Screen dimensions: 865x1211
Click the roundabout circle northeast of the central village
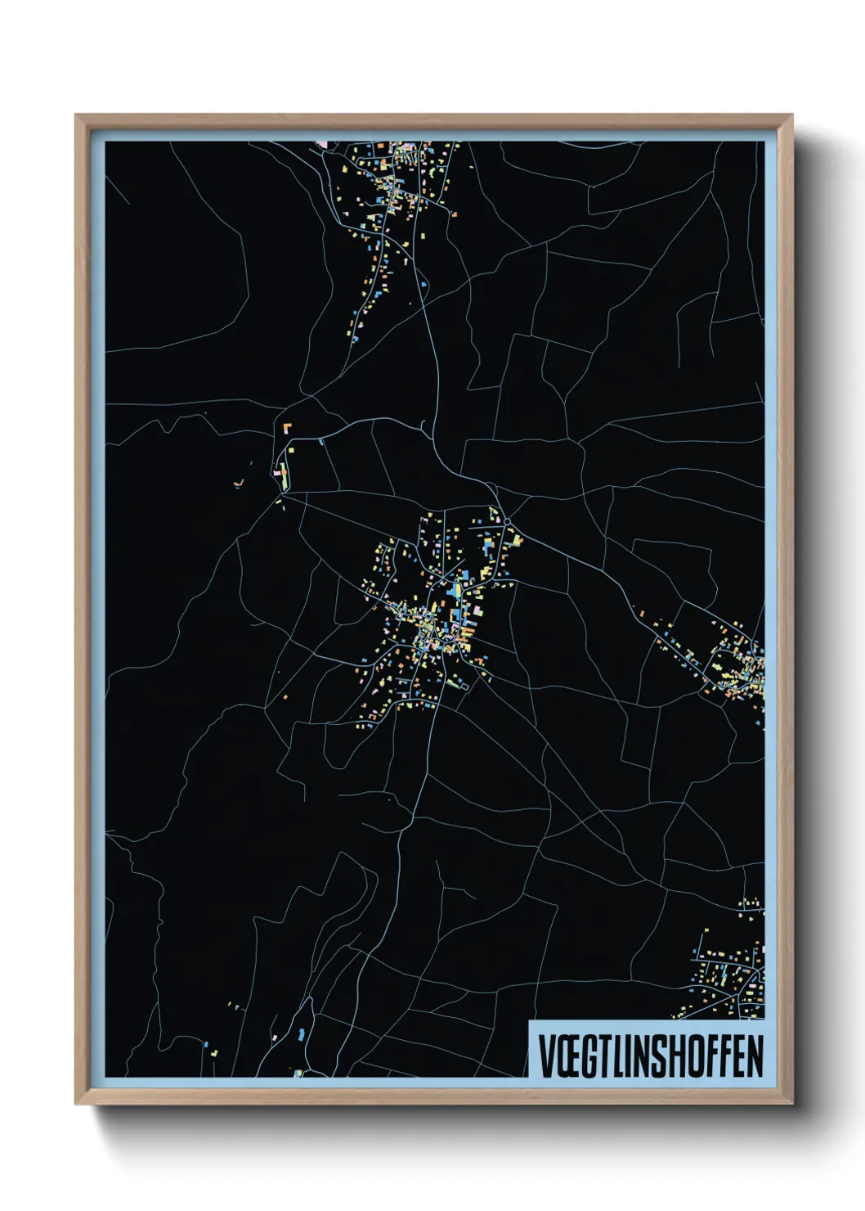coord(507,520)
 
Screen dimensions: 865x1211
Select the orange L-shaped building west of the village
coord(286,427)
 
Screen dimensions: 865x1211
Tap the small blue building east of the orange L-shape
coord(321,442)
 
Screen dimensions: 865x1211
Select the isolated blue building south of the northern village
coord(424,284)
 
